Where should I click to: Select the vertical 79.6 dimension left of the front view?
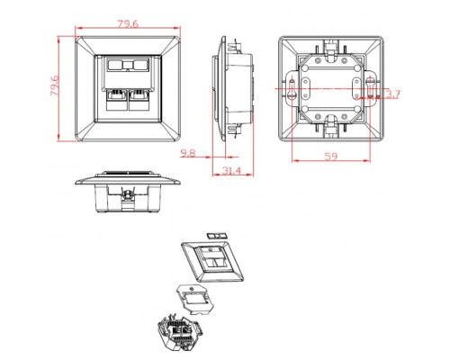pyautogui.click(x=55, y=87)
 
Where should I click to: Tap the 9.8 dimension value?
pyautogui.click(x=188, y=153)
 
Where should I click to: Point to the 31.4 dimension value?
pyautogui.click(x=231, y=171)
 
